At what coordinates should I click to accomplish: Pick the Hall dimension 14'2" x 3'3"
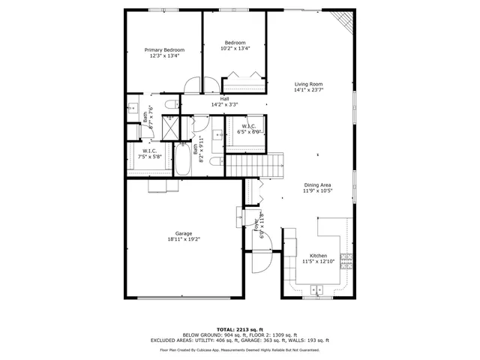coord(225,104)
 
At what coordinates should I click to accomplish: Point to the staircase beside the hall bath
coord(255,161)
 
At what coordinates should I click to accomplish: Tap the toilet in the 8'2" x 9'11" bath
coord(214,161)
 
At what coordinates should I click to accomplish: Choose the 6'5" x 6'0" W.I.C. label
coord(249,130)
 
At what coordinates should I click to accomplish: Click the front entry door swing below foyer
coord(259,262)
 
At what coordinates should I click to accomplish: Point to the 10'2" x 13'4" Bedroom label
coord(235,46)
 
